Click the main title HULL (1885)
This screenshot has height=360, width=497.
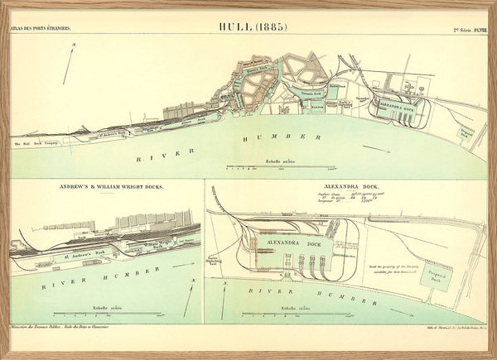(252, 26)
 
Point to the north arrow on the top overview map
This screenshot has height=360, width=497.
(71, 62)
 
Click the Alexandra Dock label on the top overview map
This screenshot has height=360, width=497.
(396, 107)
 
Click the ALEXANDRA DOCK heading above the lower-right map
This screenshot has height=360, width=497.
(352, 188)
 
